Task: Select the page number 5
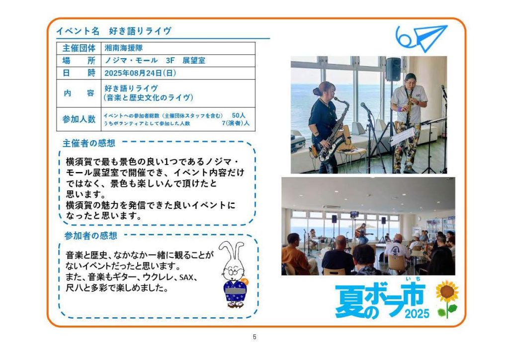tap(254, 337)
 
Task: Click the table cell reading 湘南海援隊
tap(124, 48)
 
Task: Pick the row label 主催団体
tap(79, 48)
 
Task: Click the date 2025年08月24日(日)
tap(140, 73)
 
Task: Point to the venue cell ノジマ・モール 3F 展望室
tap(155, 60)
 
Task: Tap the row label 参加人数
tap(79, 119)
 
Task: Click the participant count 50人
tap(239, 115)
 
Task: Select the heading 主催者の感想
tap(88, 143)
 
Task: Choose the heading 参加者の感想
tap(90, 236)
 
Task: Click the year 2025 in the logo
tap(417, 314)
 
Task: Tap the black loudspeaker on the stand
tap(393, 69)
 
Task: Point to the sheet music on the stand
tap(403, 136)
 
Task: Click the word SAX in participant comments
tap(186, 277)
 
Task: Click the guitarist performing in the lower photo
tap(362, 233)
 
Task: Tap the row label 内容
tap(79, 93)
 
